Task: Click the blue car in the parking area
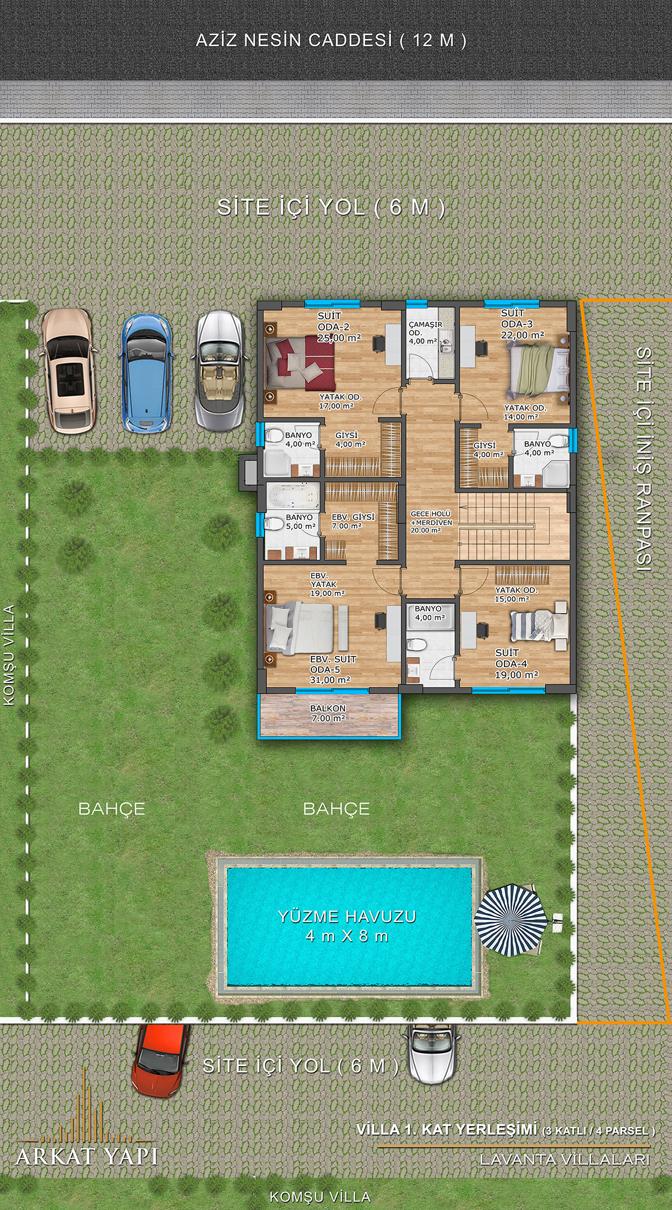[x=146, y=373]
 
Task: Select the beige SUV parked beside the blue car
[x=69, y=370]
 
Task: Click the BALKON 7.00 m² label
[x=328, y=713]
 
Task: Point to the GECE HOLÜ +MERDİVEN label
[x=431, y=522]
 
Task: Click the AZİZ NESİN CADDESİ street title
[x=331, y=40]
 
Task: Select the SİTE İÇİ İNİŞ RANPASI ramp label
[x=644, y=459]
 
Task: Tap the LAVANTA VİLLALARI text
[x=564, y=1160]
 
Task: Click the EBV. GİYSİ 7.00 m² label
[x=353, y=522]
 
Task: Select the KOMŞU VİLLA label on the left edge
[x=9, y=655]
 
